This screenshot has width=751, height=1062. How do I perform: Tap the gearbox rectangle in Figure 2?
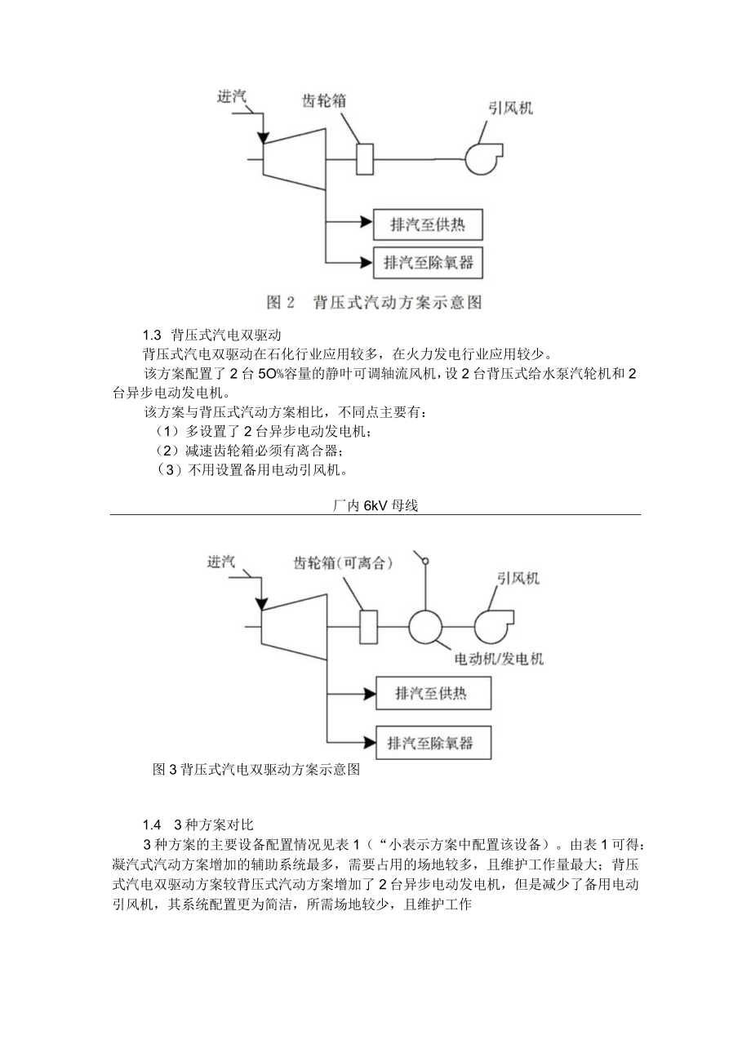365,158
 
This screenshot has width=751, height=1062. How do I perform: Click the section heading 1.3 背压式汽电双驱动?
211,335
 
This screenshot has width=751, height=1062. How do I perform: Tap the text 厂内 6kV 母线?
375,506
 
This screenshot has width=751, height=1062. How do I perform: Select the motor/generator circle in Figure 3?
424,627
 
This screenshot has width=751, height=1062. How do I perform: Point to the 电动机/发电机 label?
500,658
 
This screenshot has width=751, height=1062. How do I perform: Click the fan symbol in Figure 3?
492,626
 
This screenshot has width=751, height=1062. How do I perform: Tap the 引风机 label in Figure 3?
518,578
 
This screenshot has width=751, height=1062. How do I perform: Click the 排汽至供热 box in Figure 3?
433,694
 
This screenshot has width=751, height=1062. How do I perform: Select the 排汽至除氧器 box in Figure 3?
433,743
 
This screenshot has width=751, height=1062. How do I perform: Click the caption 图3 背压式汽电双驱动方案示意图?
256,769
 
